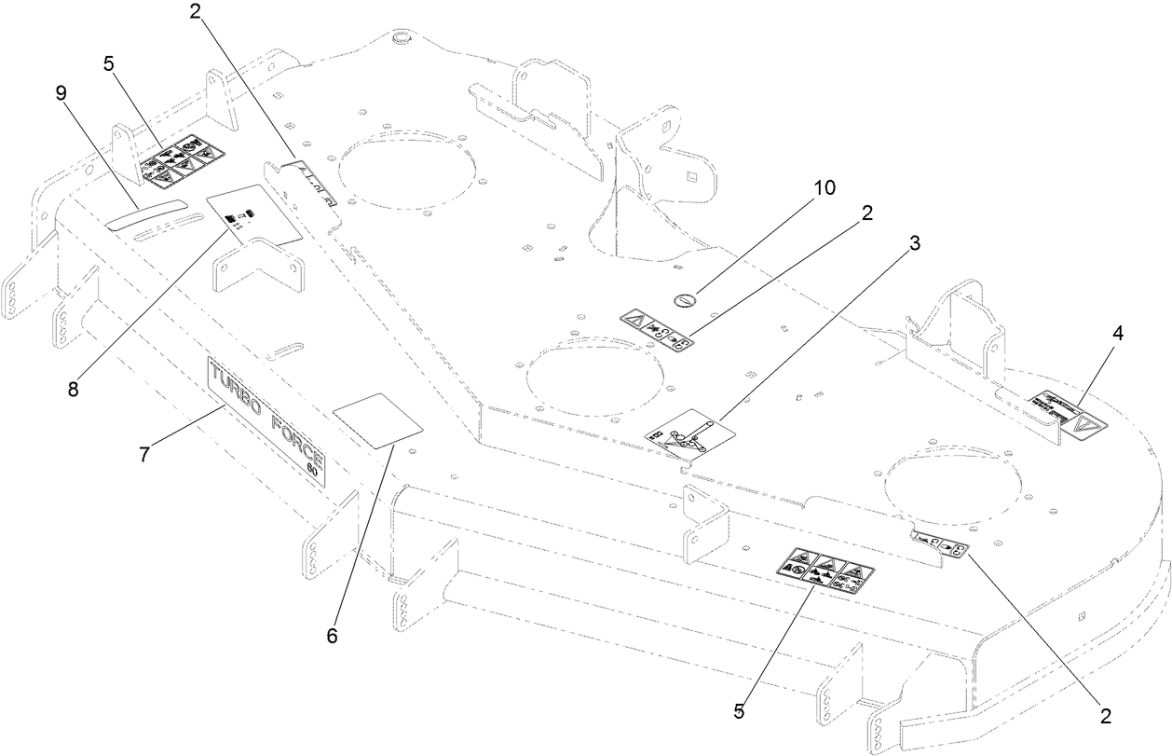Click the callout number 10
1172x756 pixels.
824,187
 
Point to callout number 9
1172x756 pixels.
61,92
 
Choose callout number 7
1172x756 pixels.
144,455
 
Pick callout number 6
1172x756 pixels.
332,637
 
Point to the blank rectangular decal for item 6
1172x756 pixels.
378,420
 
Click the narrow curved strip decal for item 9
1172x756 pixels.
144,213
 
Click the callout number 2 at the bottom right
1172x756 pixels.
1105,716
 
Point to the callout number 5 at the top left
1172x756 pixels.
109,64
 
